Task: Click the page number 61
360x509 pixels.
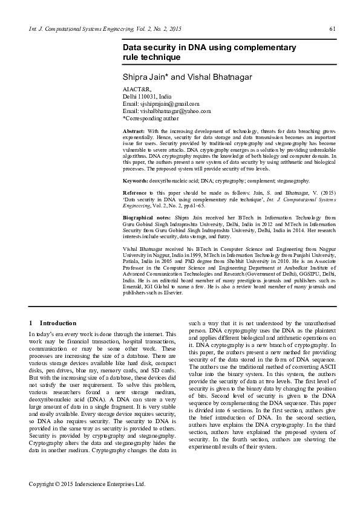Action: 332,29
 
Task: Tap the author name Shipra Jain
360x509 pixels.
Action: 145,77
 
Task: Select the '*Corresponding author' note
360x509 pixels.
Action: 149,118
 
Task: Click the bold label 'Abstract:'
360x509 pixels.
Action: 134,131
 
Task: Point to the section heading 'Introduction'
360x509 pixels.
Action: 58,323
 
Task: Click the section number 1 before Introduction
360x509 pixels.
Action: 31,323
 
